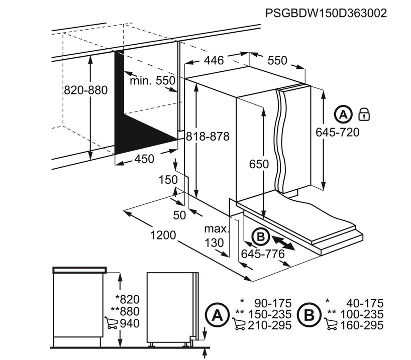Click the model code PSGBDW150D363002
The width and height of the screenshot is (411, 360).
coord(326,13)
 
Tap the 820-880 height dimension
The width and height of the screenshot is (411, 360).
coord(86,90)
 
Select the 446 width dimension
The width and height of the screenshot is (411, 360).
coord(214,61)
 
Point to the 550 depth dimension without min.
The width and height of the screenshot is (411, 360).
coord(277,61)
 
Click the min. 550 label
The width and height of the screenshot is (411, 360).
coord(152,80)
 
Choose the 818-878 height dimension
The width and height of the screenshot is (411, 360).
coord(208,137)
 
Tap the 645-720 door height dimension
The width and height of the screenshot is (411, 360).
coord(337,132)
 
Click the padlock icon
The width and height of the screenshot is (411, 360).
coord(364,114)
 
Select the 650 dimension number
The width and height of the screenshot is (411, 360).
coord(259,164)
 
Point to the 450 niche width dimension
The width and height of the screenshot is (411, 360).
coord(144,159)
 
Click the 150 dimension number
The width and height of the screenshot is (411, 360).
coord(168,180)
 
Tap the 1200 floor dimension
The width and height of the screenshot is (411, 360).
coord(163,235)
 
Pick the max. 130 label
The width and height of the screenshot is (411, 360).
coord(216,236)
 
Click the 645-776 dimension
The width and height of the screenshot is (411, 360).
coord(263,254)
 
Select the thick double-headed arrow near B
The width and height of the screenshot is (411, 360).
coord(282,243)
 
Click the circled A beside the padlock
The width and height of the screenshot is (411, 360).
coord(343,114)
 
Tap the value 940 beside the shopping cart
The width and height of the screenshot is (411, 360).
coord(130,323)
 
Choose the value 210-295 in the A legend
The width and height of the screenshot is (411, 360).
coord(270,325)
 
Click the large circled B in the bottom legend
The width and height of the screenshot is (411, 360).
coord(310,315)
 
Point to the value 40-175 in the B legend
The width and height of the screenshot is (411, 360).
coord(365,303)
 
